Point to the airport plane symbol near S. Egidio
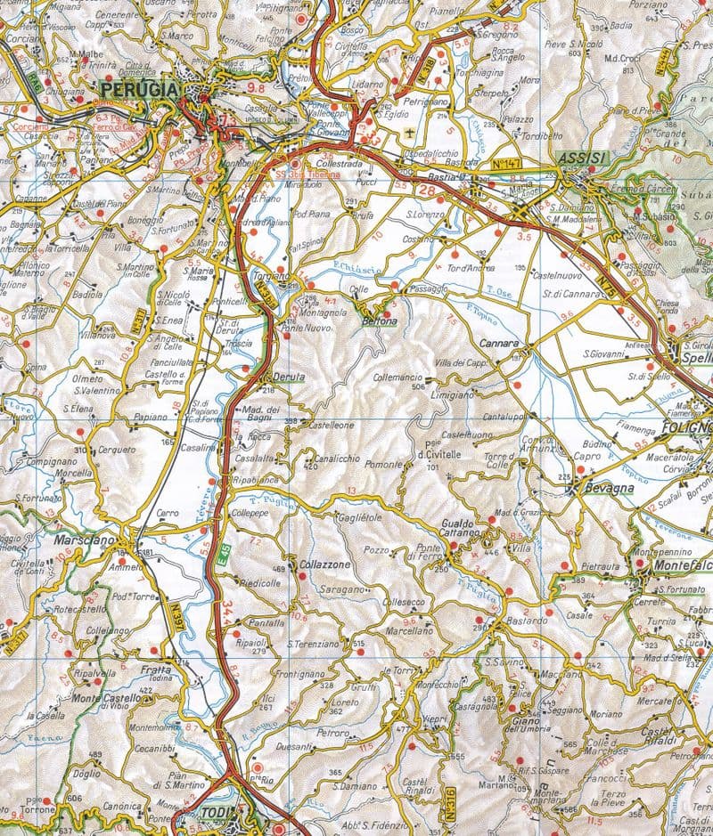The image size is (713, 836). tap(409, 134)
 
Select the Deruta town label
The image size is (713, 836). tap(290, 377)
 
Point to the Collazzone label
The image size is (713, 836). tap(324, 566)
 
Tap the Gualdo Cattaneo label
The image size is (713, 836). tap(468, 528)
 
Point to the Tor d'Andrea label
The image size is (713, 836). tap(471, 268)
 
